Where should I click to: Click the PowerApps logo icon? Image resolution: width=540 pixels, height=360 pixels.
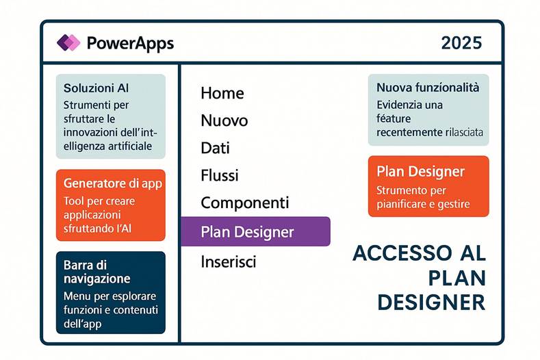(68, 43)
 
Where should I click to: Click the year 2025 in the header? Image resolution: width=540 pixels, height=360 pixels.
(461, 43)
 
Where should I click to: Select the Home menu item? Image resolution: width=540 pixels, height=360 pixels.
(222, 93)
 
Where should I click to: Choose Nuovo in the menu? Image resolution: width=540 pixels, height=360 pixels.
(224, 121)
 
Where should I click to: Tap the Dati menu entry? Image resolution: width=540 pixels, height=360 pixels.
(215, 148)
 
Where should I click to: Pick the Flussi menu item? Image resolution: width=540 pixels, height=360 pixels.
(220, 175)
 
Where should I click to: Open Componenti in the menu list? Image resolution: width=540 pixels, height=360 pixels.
(244, 203)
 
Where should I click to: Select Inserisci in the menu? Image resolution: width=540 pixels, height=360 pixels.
(228, 261)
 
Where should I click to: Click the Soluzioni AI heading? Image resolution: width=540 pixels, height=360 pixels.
(96, 88)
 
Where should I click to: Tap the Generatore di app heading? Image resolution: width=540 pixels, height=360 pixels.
(112, 183)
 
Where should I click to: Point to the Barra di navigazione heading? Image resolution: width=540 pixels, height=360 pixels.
(97, 272)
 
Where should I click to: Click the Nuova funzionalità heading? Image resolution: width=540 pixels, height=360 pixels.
(428, 88)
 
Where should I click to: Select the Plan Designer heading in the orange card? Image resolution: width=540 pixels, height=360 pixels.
(420, 171)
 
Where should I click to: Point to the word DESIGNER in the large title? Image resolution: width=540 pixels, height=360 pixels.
(431, 302)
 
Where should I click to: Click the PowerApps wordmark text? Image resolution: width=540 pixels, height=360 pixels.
(130, 43)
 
